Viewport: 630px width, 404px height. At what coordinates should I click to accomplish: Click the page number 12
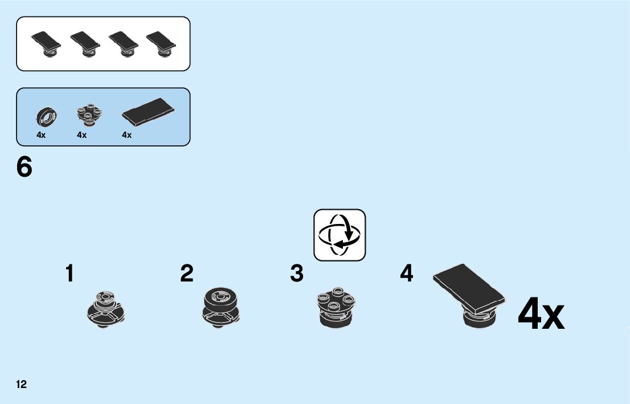point(21,384)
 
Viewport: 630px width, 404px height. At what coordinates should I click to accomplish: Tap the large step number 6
point(24,168)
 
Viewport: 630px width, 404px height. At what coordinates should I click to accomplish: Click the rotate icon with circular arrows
point(339,235)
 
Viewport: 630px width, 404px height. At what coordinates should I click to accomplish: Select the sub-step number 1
point(69,274)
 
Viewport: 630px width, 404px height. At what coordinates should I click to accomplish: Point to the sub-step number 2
point(187,274)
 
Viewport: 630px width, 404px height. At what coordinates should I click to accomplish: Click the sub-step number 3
point(297,274)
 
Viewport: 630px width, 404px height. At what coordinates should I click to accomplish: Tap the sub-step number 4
point(406,274)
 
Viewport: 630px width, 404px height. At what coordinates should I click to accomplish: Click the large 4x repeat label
point(541,314)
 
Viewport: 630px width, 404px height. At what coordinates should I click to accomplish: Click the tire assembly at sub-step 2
point(220,308)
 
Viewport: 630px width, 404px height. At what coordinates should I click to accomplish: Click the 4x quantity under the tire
point(41,135)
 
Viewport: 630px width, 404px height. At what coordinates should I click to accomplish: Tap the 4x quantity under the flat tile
point(126,135)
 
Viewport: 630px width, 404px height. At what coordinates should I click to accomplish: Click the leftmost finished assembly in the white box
point(47,44)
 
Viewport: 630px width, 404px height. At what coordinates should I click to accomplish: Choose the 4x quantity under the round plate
point(81,135)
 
